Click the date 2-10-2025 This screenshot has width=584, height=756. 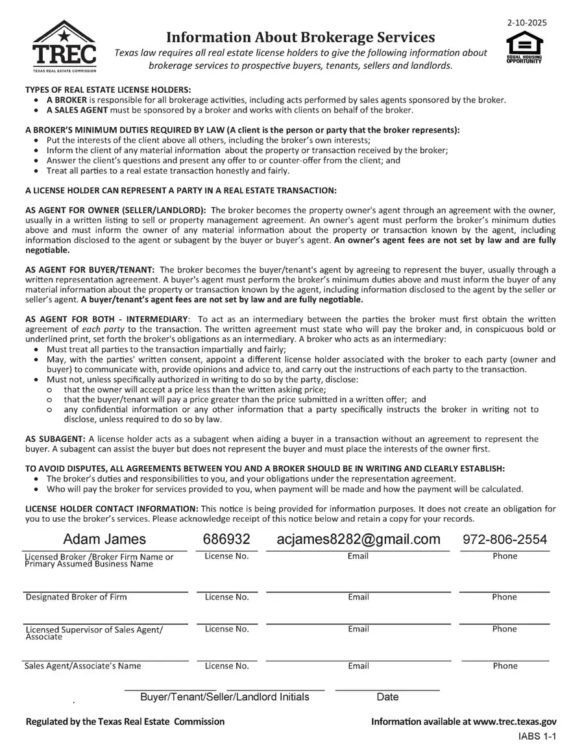[x=527, y=22]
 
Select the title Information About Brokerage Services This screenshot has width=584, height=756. [x=300, y=37]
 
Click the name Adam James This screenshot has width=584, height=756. [x=104, y=539]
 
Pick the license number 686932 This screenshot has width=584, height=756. [x=226, y=539]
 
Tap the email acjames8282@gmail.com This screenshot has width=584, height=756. [x=358, y=539]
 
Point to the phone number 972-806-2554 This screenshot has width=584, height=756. [x=504, y=539]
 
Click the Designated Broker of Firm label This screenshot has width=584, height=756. [x=76, y=597]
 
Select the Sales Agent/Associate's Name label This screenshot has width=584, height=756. [x=82, y=666]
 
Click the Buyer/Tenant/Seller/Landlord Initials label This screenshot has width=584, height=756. [x=225, y=697]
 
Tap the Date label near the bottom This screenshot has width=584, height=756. [x=387, y=697]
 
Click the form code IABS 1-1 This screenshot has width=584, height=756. [x=537, y=737]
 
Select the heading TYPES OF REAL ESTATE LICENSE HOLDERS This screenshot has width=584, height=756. [x=108, y=90]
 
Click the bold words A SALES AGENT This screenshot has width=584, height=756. [x=77, y=110]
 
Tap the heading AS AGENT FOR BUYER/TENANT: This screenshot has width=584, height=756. [x=90, y=269]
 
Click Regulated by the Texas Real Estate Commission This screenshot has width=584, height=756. [x=125, y=722]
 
